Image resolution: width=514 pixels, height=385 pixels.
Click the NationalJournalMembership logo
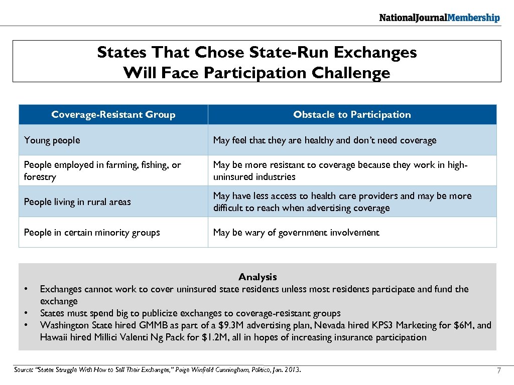point(439,18)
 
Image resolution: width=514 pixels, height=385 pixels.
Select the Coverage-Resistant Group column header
point(113,115)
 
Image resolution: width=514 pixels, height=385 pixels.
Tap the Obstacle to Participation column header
point(352,115)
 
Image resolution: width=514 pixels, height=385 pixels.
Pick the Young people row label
point(52,140)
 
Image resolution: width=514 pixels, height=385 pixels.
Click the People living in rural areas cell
point(77,202)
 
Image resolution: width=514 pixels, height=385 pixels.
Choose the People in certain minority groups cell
point(92,233)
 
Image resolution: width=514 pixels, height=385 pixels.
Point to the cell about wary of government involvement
point(296,233)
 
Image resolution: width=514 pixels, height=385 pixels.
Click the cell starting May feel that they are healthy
point(325,140)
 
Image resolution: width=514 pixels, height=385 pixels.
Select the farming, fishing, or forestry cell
point(102,170)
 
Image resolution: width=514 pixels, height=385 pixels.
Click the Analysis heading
point(258,277)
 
